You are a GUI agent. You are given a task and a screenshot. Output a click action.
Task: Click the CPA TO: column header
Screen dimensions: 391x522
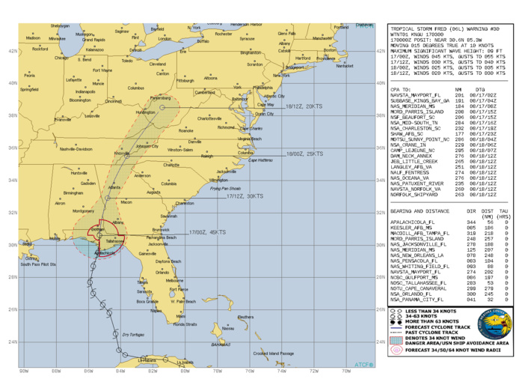pos(403,88)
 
